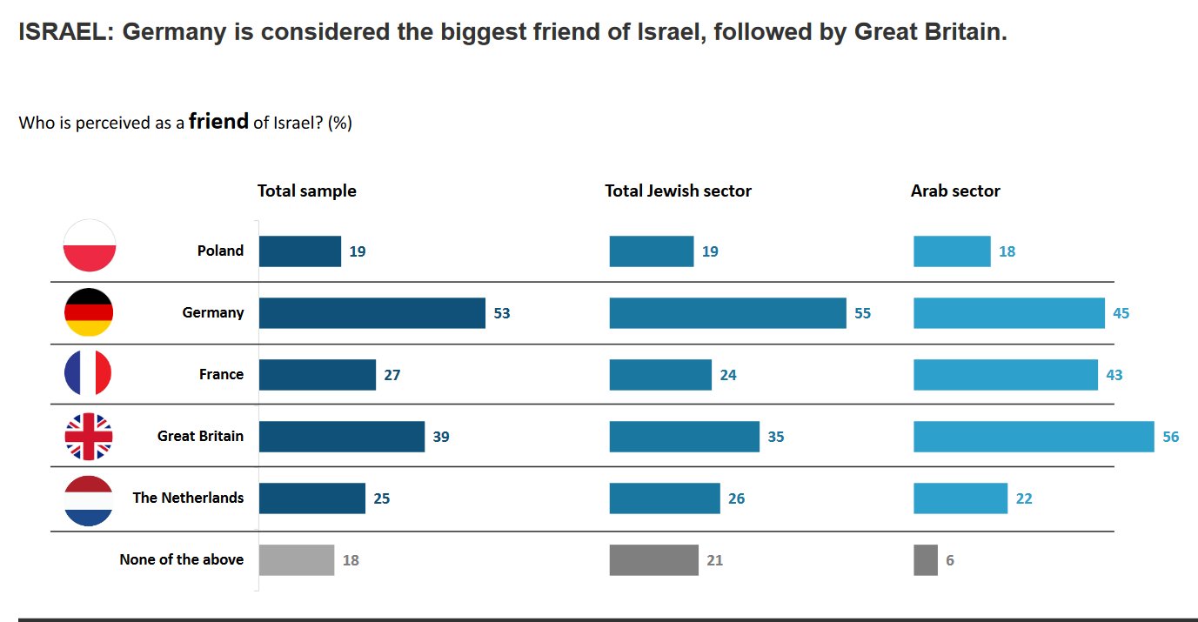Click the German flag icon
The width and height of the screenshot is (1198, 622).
89,312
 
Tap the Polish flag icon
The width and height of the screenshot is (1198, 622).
90,246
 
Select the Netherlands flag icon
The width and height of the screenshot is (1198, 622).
89,500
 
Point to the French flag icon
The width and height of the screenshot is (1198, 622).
88,374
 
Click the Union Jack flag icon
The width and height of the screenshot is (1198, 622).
89,437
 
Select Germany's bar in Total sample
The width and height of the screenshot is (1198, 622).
371,313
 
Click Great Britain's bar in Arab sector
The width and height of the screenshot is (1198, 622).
1033,437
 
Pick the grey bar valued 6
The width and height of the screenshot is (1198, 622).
925,560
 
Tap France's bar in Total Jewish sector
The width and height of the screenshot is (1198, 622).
660,375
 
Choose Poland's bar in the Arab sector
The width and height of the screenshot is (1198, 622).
951,251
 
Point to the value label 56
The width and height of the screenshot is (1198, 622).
1170,437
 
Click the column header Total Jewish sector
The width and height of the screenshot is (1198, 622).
678,191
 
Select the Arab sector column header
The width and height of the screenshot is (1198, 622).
955,191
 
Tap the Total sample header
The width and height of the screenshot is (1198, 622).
306,191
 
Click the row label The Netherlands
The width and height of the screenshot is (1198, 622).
188,498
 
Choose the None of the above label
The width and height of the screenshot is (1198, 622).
181,559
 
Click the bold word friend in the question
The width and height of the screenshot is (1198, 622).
218,122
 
